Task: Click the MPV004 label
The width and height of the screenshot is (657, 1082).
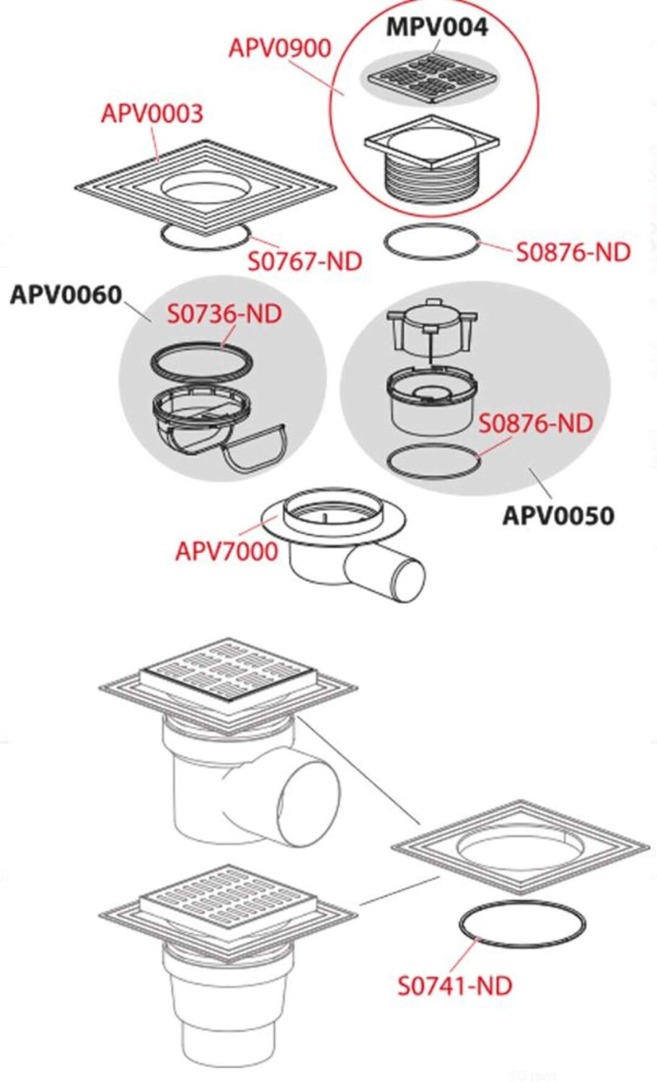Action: click(x=437, y=27)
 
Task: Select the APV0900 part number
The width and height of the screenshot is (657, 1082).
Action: click(x=280, y=48)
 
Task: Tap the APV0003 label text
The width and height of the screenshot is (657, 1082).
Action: click(x=152, y=113)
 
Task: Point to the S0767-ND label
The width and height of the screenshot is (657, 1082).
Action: click(x=304, y=261)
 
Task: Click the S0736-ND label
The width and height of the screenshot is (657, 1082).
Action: click(x=224, y=315)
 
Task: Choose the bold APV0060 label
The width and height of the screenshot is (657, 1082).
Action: click(x=66, y=295)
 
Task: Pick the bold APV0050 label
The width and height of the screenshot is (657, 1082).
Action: click(x=558, y=516)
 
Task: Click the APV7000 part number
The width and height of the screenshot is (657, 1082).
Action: click(x=226, y=551)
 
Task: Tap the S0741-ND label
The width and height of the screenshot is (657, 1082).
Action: click(x=455, y=985)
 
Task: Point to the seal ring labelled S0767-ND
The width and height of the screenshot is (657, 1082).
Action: click(x=206, y=236)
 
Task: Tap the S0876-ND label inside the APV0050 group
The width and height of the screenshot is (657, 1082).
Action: click(x=536, y=423)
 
